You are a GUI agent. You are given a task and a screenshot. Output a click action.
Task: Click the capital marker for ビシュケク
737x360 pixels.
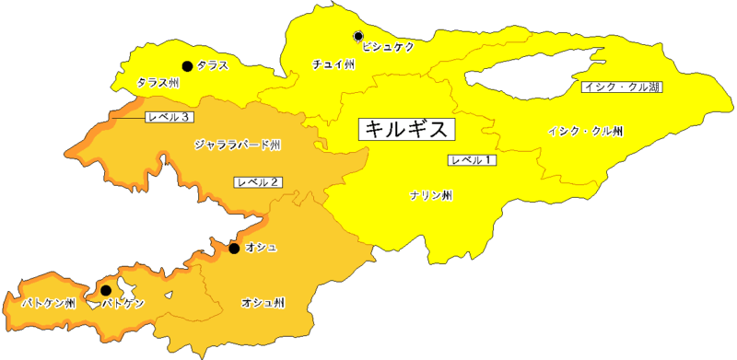358,37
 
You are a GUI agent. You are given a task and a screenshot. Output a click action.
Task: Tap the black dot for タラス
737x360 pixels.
187,65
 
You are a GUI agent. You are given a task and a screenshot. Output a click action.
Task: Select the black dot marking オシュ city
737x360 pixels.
234,249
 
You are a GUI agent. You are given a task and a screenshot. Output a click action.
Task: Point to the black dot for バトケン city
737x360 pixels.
105,290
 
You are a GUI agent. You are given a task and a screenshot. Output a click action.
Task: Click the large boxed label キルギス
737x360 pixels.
406,129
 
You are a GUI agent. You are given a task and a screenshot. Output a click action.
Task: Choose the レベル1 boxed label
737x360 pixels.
473,160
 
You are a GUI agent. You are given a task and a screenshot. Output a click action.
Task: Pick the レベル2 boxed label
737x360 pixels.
259,181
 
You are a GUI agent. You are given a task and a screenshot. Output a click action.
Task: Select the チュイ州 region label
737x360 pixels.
333,64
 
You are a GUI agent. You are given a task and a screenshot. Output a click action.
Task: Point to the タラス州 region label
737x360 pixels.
158,83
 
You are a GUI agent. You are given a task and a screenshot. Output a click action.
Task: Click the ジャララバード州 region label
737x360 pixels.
238,145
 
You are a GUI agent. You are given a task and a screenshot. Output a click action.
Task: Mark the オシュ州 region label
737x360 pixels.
263,302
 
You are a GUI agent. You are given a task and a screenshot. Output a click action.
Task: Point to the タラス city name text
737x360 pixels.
213,65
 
